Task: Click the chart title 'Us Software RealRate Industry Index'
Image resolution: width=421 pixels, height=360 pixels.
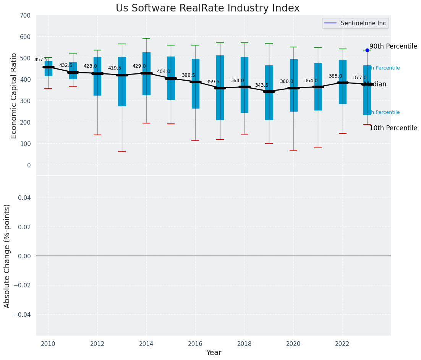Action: [207, 8]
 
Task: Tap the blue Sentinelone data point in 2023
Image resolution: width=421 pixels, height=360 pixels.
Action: [367, 50]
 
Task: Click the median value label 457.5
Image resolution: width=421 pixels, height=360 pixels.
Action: [41, 60]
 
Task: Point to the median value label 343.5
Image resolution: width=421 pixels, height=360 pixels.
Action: [262, 85]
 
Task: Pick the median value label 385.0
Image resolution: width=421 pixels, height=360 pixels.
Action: [335, 76]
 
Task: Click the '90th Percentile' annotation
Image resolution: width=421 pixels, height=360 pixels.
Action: [393, 46]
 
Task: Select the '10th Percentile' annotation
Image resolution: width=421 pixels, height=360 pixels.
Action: [393, 128]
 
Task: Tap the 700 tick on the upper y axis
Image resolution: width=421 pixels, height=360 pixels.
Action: [26, 15]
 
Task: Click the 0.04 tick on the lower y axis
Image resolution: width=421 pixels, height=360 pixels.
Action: [24, 198]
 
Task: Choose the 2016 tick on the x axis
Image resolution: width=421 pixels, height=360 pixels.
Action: [195, 344]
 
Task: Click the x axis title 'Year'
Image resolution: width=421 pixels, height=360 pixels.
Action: [214, 353]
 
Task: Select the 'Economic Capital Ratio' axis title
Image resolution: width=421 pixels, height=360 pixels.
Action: [14, 96]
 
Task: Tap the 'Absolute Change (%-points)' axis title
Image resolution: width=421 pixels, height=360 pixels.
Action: [7, 256]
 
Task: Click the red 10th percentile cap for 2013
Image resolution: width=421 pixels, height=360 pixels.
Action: [122, 152]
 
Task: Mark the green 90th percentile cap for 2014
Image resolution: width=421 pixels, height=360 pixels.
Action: [146, 38]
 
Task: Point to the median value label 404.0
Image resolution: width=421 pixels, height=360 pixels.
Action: [164, 71]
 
